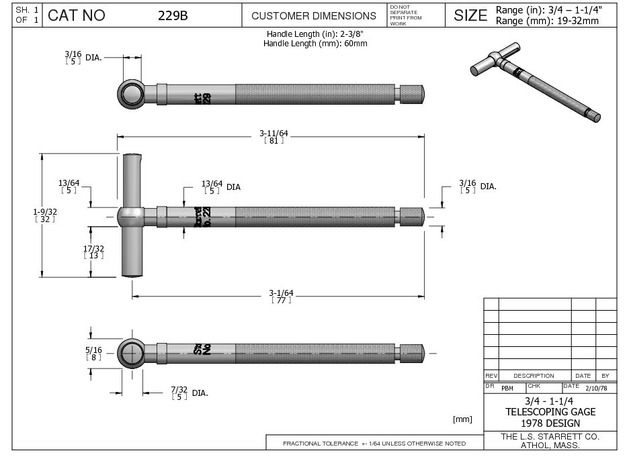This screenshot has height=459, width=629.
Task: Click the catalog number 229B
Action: coord(173,15)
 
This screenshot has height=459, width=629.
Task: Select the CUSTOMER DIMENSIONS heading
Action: coord(314,15)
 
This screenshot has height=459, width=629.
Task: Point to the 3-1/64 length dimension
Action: coord(281,295)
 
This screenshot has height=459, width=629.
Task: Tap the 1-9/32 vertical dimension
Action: coord(45,215)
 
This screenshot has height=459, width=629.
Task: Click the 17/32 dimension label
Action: coord(93,251)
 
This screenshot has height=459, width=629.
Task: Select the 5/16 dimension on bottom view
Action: coord(93,353)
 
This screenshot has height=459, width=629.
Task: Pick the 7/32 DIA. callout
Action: coord(188,393)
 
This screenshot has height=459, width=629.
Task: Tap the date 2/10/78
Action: coord(597,388)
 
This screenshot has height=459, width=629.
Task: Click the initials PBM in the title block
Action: coord(507,389)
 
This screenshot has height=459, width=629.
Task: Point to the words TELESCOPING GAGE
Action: coord(550,412)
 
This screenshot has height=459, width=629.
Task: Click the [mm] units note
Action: coord(462,419)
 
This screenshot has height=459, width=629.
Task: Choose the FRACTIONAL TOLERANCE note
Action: coord(374,444)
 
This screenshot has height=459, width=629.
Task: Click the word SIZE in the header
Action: coord(470,15)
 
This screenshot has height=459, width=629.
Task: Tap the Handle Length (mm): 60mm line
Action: coord(315,44)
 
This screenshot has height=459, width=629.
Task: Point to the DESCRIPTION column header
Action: coord(534,376)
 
